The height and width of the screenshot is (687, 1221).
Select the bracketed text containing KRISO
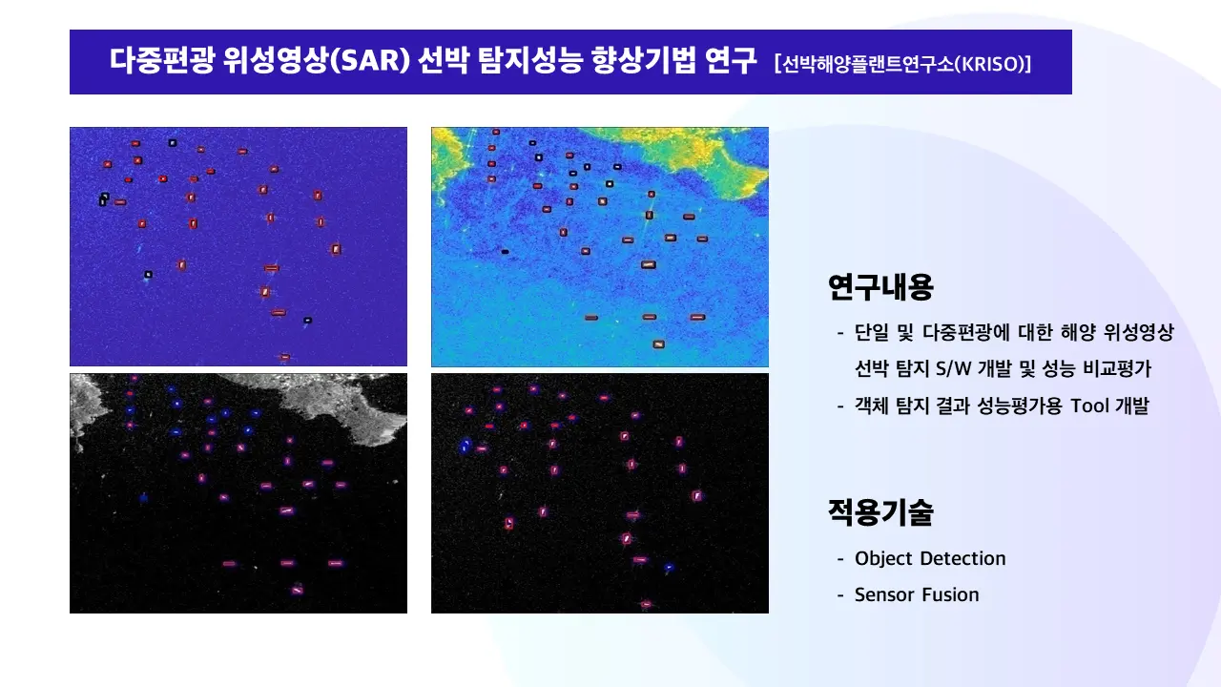pos(904,64)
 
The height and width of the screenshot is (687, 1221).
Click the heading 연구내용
pos(880,286)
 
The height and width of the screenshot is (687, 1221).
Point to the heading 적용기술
pos(880,513)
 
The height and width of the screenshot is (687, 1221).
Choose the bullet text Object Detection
pos(930,558)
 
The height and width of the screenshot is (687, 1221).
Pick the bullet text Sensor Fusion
pos(917,594)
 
